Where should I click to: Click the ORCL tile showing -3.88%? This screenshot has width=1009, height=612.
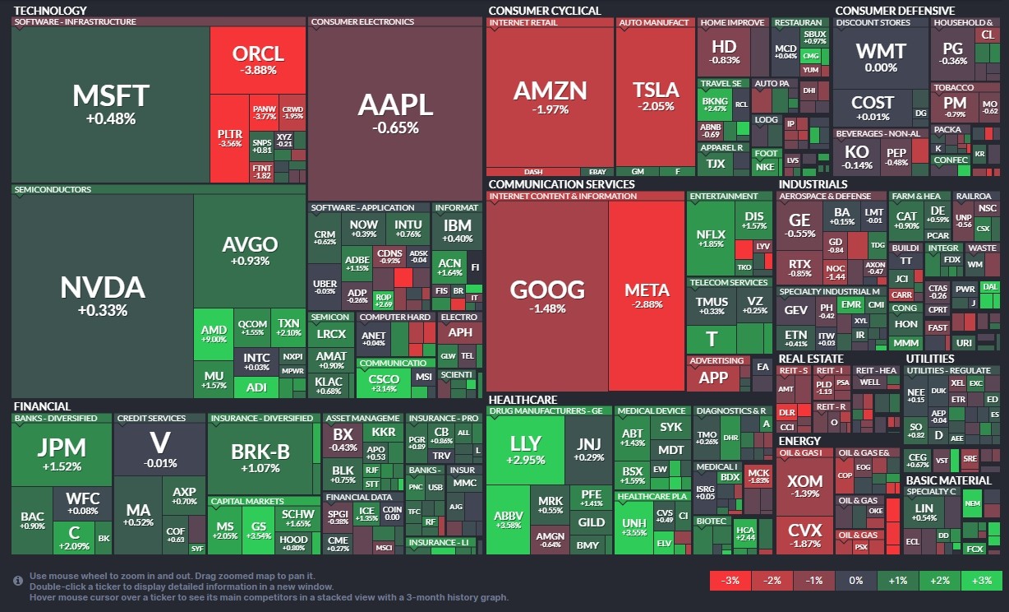258,60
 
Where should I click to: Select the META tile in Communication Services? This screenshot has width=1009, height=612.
647,296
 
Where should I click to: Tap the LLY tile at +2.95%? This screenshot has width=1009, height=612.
526,450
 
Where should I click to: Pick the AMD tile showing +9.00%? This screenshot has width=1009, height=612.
214,334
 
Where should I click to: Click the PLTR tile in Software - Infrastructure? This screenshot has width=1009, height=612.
229,137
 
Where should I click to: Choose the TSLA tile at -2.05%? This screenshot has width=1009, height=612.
655,96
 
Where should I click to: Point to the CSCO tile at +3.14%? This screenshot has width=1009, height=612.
384,382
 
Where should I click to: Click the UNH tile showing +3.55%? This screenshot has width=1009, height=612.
634,526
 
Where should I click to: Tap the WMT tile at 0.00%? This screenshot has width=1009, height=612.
881,57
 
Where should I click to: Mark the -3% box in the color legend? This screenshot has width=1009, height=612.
730,580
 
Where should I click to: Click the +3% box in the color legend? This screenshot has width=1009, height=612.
981,580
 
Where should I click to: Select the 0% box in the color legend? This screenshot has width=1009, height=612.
855,580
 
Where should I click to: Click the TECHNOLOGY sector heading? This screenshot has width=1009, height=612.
51,11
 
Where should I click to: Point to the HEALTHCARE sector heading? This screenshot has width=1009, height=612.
522,400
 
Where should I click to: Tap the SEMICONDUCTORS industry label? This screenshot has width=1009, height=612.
53,189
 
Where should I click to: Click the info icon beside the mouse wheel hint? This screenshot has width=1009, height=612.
18,581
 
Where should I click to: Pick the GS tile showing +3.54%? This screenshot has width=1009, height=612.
259,530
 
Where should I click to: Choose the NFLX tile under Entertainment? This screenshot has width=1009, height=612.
711,239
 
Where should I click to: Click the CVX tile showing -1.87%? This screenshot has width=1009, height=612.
804,534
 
